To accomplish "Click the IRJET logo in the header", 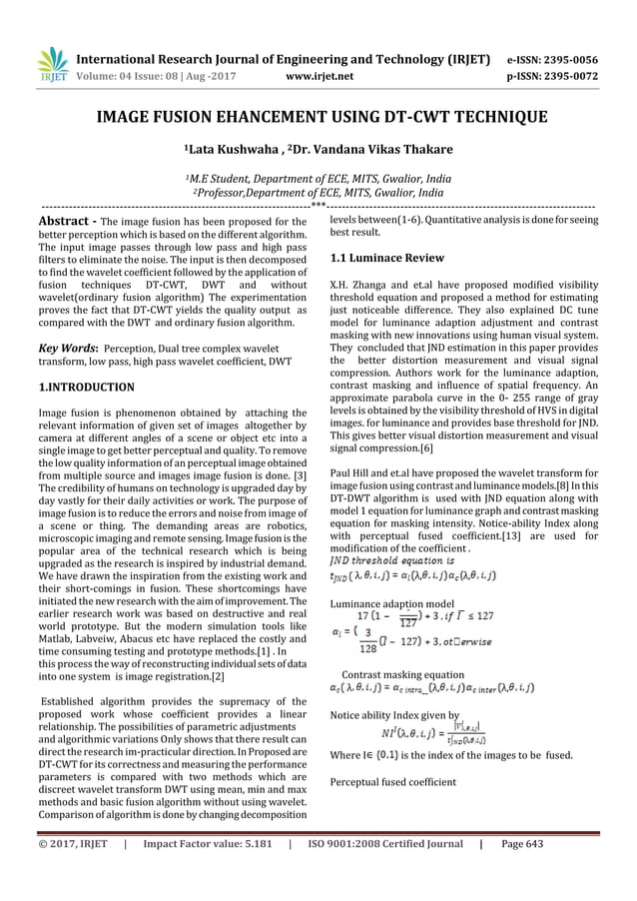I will [x=51, y=64].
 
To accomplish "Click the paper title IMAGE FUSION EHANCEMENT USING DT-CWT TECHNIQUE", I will [x=318, y=119].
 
